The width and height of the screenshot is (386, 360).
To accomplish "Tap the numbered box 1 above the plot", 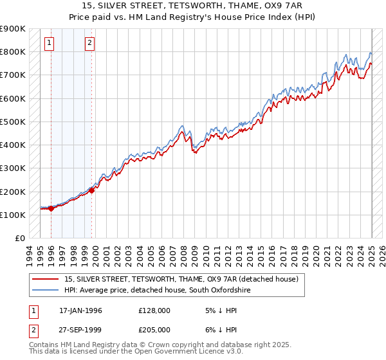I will pos(50,44).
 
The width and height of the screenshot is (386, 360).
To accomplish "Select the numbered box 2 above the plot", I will pos(89,44).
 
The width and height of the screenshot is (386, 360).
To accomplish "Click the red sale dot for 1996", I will pos(51,208).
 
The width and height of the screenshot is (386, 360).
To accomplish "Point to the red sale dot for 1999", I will pos(91,190).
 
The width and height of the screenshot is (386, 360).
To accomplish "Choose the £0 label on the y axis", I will pos(20,238).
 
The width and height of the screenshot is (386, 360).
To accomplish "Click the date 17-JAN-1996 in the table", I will pos(80,310).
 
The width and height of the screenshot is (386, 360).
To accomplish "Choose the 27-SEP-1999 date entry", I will pos(80,329).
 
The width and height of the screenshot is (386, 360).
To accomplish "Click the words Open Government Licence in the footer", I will pos(169,352).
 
